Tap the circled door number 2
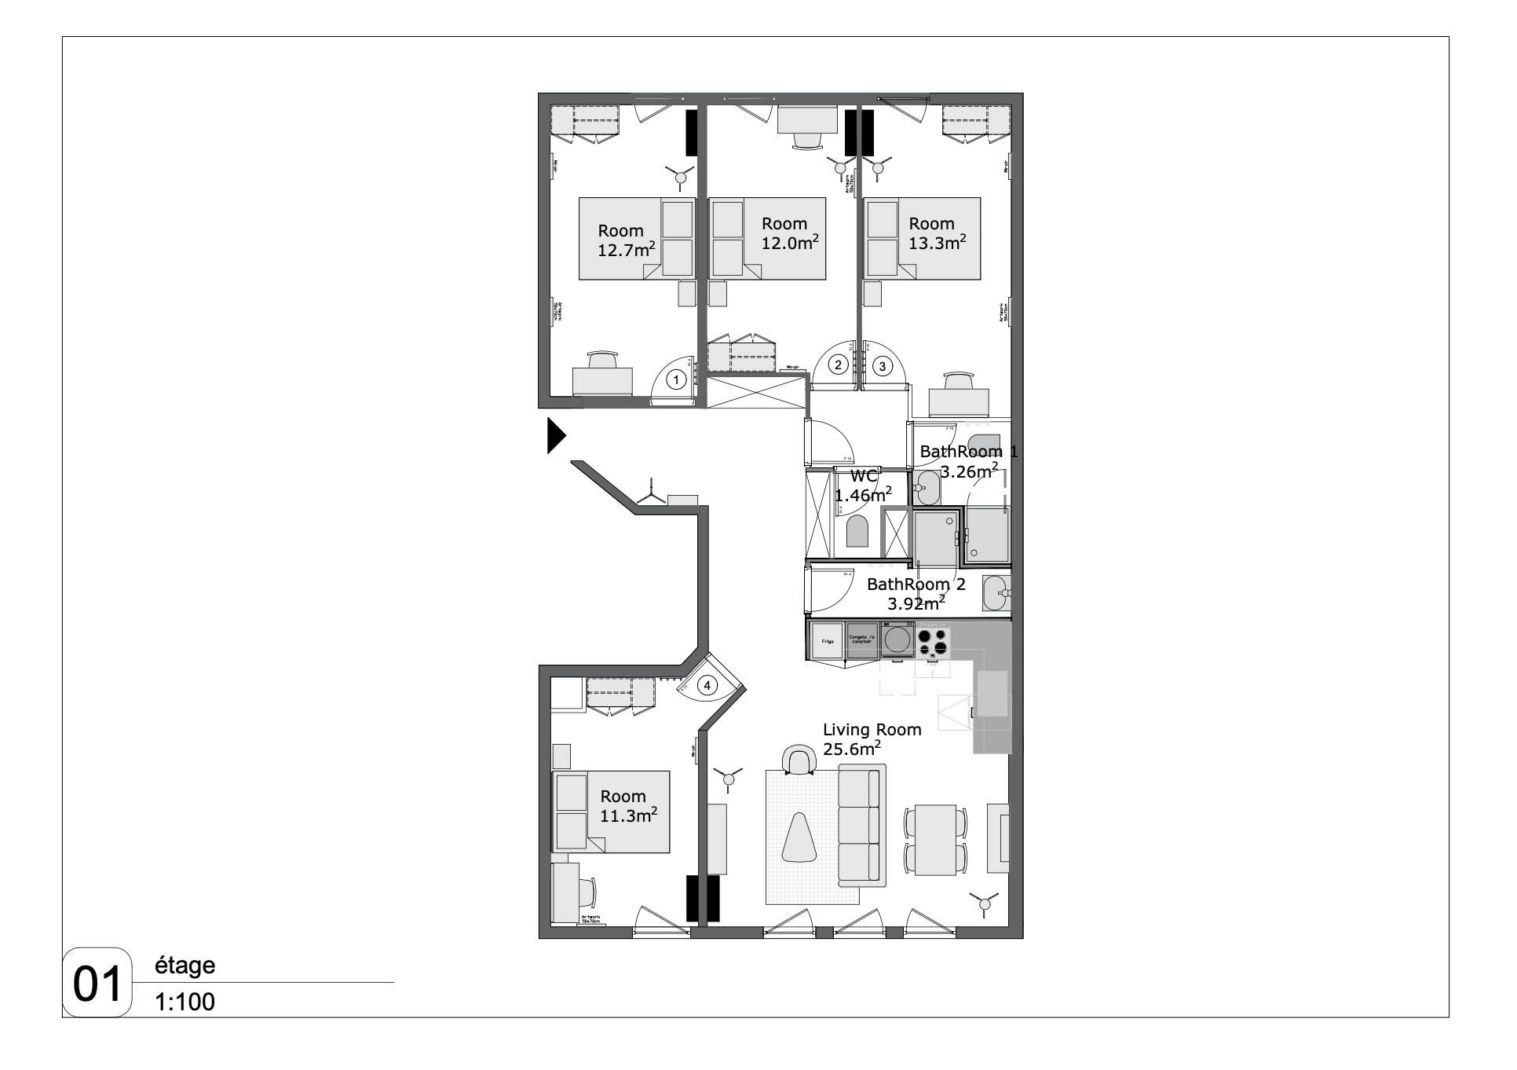pos(839,365)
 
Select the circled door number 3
pos(882,365)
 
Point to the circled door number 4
pos(707,686)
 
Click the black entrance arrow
pos(556,436)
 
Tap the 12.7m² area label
pos(627,251)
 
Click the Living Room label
pos(872,730)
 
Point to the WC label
pos(864,476)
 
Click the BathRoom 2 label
pos(916,584)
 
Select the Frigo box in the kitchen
pos(828,640)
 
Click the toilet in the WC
pos(857,533)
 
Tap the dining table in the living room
pos(935,840)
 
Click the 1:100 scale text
pos(185,1002)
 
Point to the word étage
pos(185,966)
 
